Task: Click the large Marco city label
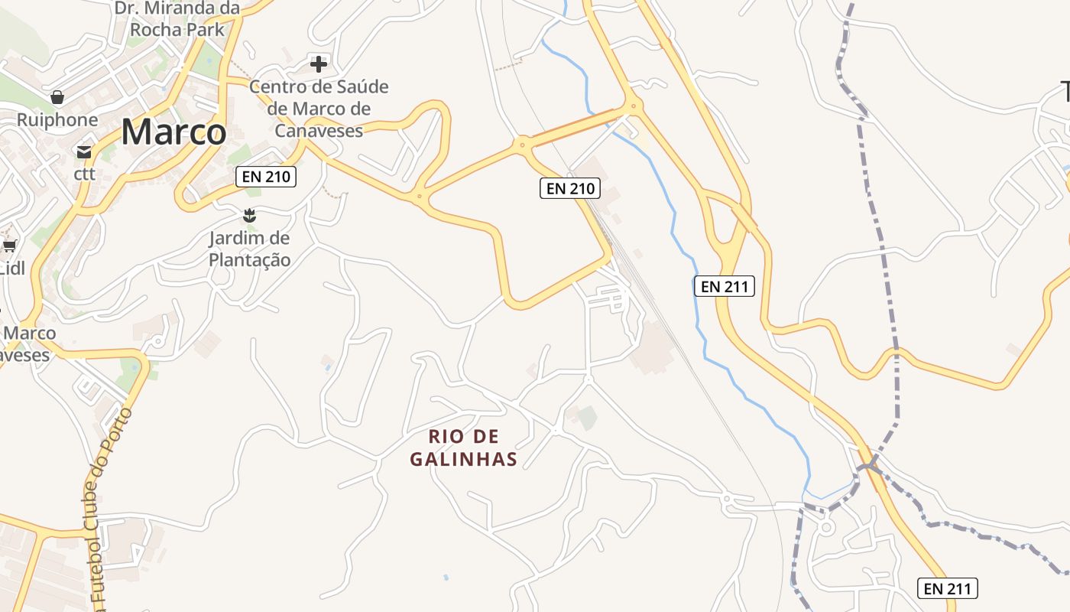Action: (173, 132)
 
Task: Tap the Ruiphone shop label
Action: (57, 120)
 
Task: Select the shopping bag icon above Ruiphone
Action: (57, 97)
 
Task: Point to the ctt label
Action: (84, 174)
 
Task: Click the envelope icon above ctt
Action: (84, 151)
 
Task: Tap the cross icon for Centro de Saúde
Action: (319, 63)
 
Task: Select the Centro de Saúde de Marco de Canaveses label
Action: (319, 108)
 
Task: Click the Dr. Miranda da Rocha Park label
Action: (177, 19)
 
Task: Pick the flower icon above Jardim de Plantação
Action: (249, 216)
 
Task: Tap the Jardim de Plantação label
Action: (250, 249)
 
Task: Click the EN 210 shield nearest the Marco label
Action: (265, 177)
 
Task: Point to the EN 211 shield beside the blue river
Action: (724, 286)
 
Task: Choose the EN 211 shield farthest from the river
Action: (948, 588)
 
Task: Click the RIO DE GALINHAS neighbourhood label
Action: (464, 448)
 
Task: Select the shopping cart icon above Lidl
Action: (10, 246)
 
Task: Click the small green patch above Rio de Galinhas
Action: (587, 417)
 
